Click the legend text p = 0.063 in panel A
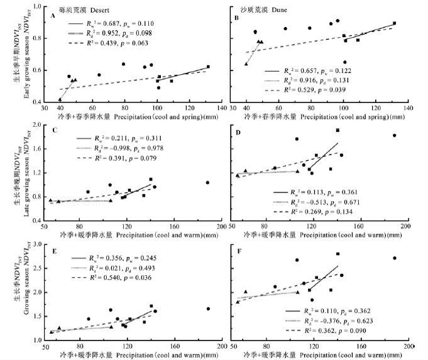click(x=161, y=43)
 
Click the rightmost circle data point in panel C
click(x=207, y=183)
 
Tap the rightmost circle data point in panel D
click(x=395, y=136)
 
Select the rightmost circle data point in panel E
click(x=207, y=308)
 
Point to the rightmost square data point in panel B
click(x=394, y=23)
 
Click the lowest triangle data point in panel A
click(x=60, y=99)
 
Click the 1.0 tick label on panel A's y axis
click(x=37, y=7)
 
